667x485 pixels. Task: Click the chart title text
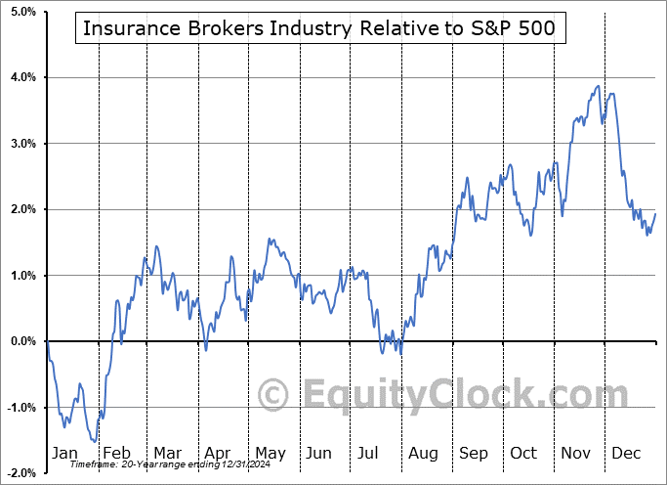[318, 28]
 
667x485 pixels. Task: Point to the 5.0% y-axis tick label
[21, 11]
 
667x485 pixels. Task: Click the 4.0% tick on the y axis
[21, 77]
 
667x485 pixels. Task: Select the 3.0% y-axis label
[21, 144]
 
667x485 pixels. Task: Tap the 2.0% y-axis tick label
[21, 209]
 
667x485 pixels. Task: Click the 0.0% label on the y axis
[21, 341]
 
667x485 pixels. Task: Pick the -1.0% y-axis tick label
[21, 408]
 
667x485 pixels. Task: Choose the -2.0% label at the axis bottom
[21, 473]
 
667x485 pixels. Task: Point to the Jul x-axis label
[368, 454]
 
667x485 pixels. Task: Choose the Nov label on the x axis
[574, 454]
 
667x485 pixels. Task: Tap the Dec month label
[625, 454]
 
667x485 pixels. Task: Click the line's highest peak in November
[598, 86]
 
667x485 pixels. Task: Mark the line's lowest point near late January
[95, 442]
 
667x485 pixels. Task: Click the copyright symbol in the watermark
[273, 396]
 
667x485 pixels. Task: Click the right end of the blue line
[655, 213]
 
